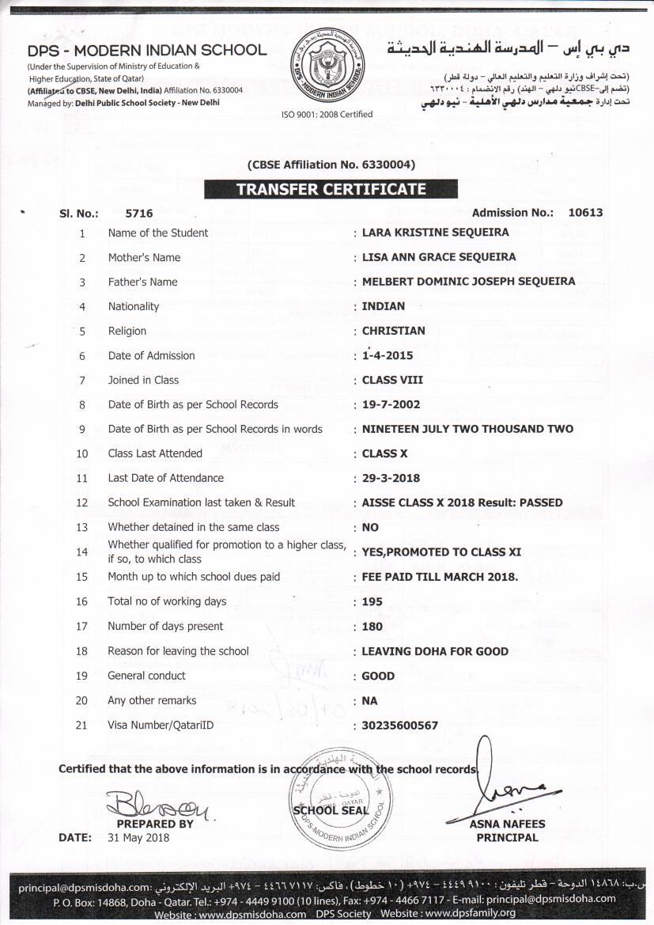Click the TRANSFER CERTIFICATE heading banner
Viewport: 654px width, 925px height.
331,190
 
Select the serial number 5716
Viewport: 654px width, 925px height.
139,213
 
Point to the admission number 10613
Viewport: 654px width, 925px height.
585,212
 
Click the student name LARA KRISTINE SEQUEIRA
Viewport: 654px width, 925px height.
435,233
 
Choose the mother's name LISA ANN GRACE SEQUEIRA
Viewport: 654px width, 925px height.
438,257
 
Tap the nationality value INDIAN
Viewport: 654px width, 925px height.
383,306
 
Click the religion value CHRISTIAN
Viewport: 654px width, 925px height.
393,331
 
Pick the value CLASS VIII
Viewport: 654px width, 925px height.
392,380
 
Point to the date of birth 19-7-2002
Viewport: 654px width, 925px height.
391,404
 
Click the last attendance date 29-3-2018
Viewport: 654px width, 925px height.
391,478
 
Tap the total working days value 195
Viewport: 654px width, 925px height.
372,601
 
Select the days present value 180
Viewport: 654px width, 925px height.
372,626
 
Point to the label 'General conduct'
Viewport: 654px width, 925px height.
147,676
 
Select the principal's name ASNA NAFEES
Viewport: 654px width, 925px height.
507,824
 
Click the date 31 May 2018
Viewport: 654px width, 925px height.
138,837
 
